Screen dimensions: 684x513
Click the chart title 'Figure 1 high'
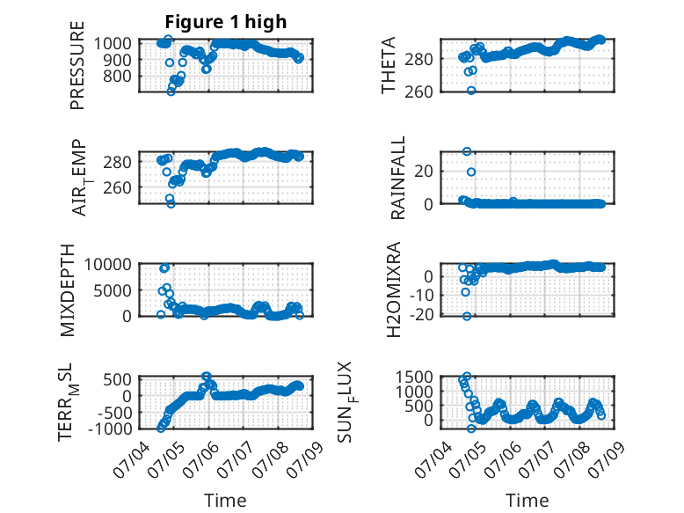(x=226, y=21)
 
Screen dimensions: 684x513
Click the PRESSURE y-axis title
(x=77, y=65)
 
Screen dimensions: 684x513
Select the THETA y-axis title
(x=388, y=65)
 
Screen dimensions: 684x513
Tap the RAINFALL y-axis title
(x=398, y=178)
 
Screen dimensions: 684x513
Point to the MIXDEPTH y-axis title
(x=67, y=290)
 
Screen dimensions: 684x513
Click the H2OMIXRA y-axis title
(x=394, y=289)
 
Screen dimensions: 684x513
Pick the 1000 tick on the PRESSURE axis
(x=113, y=43)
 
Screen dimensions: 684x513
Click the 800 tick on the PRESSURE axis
(x=117, y=76)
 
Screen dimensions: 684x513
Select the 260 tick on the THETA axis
(x=418, y=92)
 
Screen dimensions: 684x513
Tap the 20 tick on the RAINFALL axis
(x=424, y=171)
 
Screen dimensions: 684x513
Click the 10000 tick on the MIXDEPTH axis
(x=108, y=264)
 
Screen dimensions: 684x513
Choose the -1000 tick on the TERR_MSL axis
(x=110, y=429)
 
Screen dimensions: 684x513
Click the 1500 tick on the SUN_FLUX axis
(x=414, y=377)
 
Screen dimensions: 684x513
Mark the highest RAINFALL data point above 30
(x=467, y=151)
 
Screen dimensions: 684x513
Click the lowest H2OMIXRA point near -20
(x=467, y=316)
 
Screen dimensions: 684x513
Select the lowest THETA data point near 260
(x=471, y=91)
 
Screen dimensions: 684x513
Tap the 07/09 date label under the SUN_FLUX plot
(x=608, y=456)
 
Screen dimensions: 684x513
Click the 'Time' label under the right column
(x=527, y=500)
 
